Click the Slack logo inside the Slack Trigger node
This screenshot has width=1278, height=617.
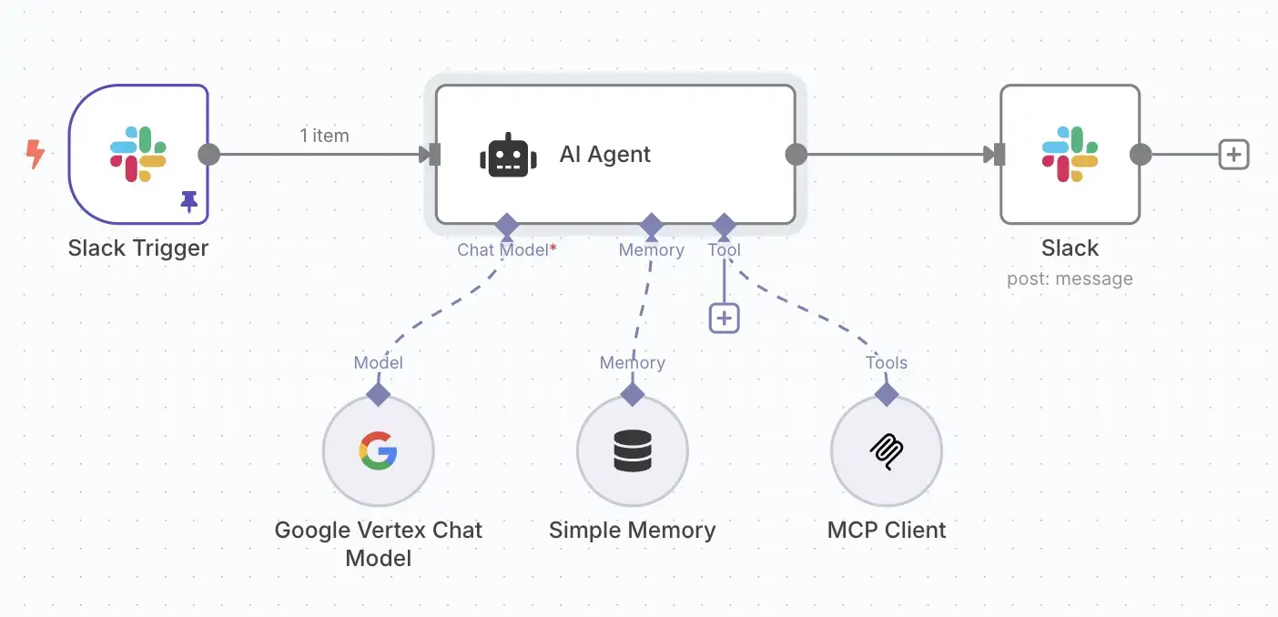click(x=138, y=154)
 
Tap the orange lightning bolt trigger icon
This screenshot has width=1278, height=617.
click(x=35, y=154)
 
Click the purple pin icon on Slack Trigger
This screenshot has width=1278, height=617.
click(x=189, y=201)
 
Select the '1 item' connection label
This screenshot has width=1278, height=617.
click(x=324, y=136)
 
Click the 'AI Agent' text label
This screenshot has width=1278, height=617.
click(x=605, y=155)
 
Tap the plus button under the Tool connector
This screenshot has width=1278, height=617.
click(x=724, y=318)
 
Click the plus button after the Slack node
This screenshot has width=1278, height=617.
click(x=1233, y=155)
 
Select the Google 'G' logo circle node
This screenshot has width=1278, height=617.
click(x=378, y=450)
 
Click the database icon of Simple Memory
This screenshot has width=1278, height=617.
click(x=633, y=450)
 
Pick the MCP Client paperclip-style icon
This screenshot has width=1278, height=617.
click(x=887, y=450)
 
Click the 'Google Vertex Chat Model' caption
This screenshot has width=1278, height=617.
click(x=378, y=543)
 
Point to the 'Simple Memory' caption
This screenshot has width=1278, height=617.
click(x=633, y=530)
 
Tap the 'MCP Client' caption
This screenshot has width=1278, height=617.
click(x=887, y=530)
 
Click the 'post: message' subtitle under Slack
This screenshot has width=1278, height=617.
click(x=1070, y=278)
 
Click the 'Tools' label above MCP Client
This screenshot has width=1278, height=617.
click(x=887, y=363)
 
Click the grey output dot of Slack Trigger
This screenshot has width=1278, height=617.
click(x=209, y=154)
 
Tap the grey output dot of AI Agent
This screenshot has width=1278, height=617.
click(x=796, y=155)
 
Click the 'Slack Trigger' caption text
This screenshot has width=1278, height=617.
click(x=138, y=248)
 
